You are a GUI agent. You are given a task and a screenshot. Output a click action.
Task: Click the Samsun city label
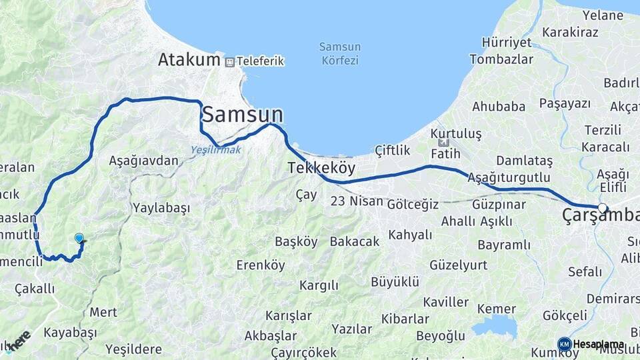pyautogui.click(x=242, y=115)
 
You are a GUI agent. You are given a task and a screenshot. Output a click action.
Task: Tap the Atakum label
pyautogui.click(x=189, y=59)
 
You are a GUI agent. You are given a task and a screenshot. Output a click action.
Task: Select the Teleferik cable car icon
pyautogui.click(x=230, y=61)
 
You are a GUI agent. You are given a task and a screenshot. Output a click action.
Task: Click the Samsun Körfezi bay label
pyautogui.click(x=339, y=53)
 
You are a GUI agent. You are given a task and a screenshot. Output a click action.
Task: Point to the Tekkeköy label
pyautogui.click(x=321, y=167)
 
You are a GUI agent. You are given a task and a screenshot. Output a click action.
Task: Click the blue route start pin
pyautogui.click(x=79, y=238)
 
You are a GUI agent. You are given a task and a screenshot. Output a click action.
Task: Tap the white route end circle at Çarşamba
pyautogui.click(x=603, y=208)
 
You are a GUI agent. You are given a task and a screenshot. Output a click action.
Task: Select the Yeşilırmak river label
pyautogui.click(x=216, y=150)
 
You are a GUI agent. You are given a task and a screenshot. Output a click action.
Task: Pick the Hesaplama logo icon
pyautogui.click(x=565, y=344)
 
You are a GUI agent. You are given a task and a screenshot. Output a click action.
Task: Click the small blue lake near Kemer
pyautogui.click(x=494, y=326)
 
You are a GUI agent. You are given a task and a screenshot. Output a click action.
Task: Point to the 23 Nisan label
pyautogui.click(x=357, y=201)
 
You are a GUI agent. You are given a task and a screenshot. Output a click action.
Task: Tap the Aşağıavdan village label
pyautogui.click(x=143, y=161)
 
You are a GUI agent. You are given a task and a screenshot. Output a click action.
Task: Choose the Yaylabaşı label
pyautogui.click(x=161, y=208)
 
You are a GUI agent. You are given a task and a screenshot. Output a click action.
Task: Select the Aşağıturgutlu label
pyautogui.click(x=509, y=177)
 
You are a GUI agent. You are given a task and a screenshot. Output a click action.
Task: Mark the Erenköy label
pyautogui.click(x=261, y=265)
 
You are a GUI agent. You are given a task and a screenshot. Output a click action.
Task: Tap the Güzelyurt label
pyautogui.click(x=458, y=265)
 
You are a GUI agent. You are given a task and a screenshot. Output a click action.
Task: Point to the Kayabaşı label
pyautogui.click(x=70, y=332)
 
